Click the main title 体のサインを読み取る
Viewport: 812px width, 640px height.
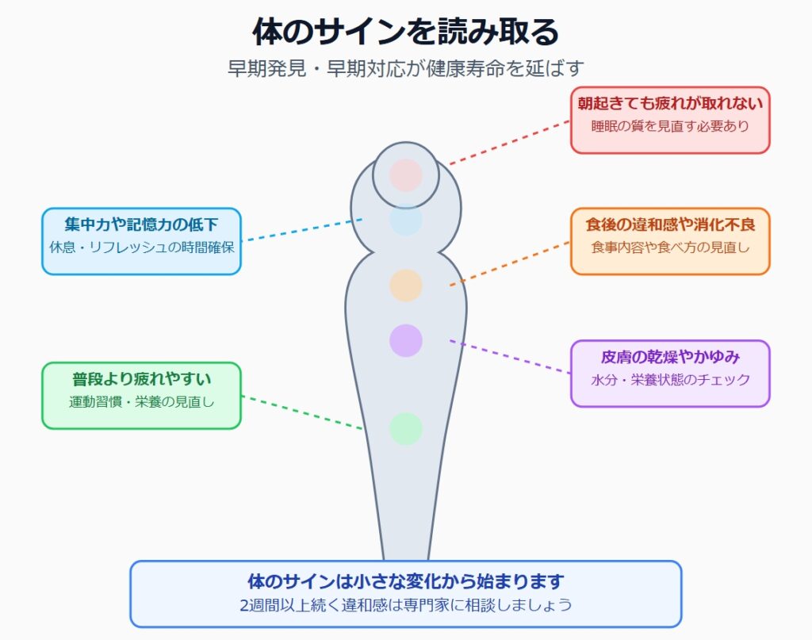(x=405, y=32)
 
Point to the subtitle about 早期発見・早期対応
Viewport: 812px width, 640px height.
(x=405, y=68)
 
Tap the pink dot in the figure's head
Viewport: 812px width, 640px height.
(x=405, y=175)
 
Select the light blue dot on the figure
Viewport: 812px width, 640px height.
(x=405, y=220)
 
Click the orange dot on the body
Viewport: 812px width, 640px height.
(x=405, y=286)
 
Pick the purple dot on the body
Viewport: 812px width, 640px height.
(x=405, y=341)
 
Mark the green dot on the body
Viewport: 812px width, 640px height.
(x=405, y=429)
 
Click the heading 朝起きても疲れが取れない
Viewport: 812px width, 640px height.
(x=670, y=104)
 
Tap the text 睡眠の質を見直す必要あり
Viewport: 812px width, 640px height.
(x=670, y=126)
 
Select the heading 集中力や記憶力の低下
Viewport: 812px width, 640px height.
(x=141, y=224)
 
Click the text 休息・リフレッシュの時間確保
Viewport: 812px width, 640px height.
(x=141, y=247)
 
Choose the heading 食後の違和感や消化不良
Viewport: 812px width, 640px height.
(x=670, y=224)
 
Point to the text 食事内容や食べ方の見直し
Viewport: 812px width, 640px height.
(x=670, y=247)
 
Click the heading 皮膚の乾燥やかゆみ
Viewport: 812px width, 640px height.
(x=670, y=357)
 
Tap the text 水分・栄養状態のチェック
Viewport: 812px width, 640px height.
(x=670, y=380)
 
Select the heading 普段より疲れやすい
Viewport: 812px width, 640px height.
(x=141, y=379)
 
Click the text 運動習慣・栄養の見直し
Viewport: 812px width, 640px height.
(x=141, y=402)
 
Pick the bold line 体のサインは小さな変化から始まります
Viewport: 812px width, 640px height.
(x=405, y=581)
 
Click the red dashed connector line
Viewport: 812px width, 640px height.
(x=510, y=143)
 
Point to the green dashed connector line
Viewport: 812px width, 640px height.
(x=302, y=412)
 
